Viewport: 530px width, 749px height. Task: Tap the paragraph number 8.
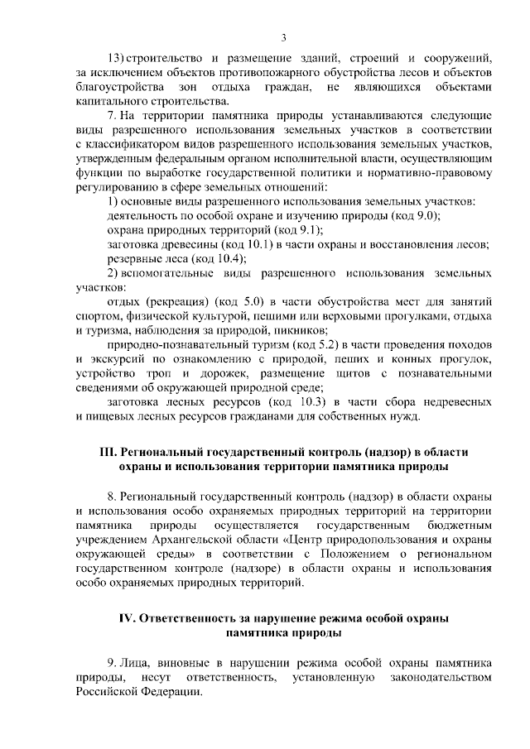(112, 497)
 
